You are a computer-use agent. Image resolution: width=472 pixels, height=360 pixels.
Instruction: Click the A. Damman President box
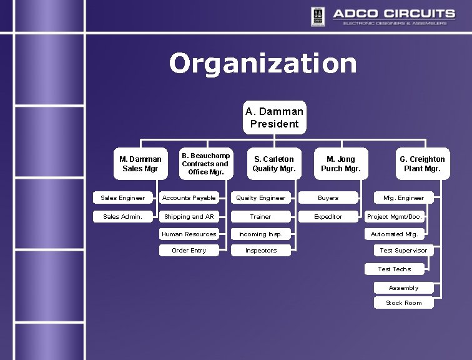(x=275, y=117)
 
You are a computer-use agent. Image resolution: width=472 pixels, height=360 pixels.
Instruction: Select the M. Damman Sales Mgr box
(x=140, y=164)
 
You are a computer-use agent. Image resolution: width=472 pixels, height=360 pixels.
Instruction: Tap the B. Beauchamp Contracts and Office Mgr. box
(x=205, y=164)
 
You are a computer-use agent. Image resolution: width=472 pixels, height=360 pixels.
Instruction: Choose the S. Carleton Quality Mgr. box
(x=273, y=164)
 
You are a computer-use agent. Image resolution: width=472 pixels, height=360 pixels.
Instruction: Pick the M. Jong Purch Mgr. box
(x=340, y=164)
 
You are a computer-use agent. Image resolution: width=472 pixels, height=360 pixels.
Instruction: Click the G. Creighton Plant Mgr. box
(x=422, y=164)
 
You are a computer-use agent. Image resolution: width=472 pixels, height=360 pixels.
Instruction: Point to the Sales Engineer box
(x=123, y=198)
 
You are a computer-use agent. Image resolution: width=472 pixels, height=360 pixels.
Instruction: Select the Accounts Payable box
(x=189, y=198)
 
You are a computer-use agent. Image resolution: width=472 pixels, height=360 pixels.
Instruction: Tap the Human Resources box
(x=189, y=234)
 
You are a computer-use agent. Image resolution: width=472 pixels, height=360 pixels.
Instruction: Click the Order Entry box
(x=189, y=251)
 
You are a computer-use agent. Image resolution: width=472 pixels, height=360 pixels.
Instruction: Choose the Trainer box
(x=261, y=217)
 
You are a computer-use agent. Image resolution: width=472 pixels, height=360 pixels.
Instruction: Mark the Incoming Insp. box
(x=261, y=234)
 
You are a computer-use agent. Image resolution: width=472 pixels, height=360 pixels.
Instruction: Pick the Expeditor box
(x=328, y=217)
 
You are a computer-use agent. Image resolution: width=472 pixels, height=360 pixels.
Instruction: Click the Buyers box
(x=328, y=198)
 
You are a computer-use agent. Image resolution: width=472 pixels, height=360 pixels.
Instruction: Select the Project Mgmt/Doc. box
(x=395, y=217)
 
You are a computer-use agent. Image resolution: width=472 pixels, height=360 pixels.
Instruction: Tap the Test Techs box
(x=395, y=269)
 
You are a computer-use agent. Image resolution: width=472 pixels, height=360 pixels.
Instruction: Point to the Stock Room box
(x=403, y=303)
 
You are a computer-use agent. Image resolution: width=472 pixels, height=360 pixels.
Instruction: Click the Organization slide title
(x=263, y=63)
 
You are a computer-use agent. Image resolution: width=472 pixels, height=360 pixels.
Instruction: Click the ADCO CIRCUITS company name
(x=393, y=13)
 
